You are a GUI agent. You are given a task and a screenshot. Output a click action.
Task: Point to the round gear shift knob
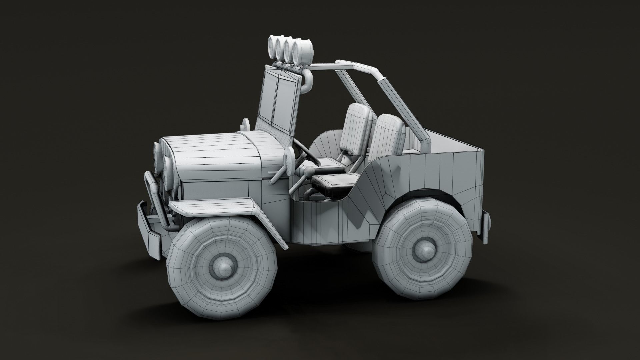click(310, 171)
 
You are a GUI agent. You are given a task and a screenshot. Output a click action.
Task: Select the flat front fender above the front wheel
click(213, 207)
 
